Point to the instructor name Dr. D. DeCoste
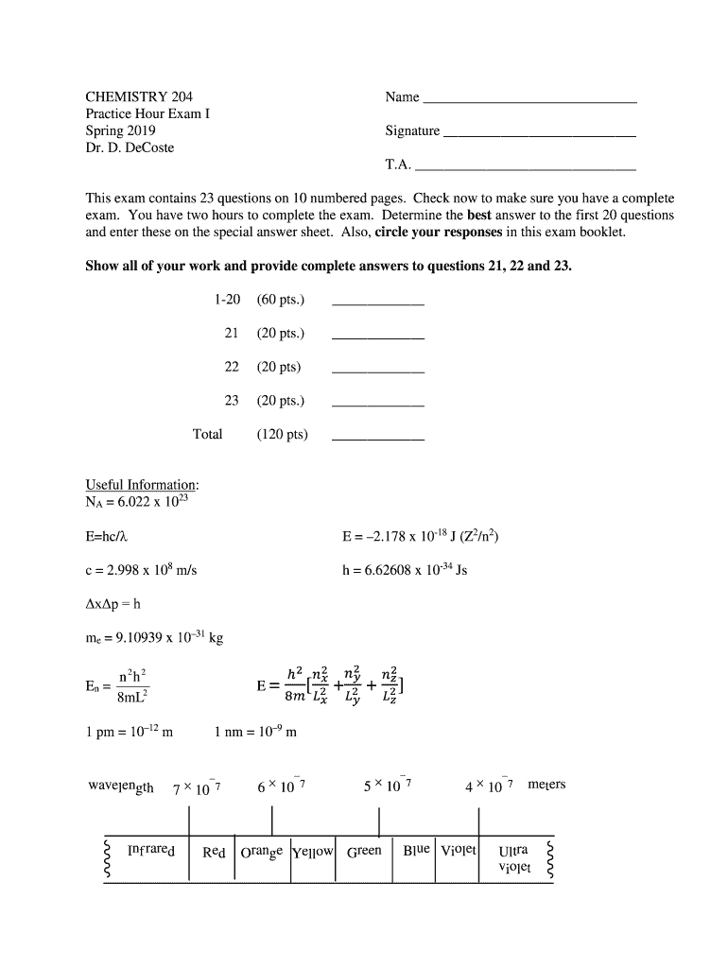coord(130,147)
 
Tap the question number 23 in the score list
coord(232,401)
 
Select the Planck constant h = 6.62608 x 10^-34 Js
coord(404,571)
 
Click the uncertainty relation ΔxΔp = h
coord(113,605)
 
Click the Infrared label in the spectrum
coord(150,851)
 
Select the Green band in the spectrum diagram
coord(364,851)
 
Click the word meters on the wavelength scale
coord(546,785)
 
